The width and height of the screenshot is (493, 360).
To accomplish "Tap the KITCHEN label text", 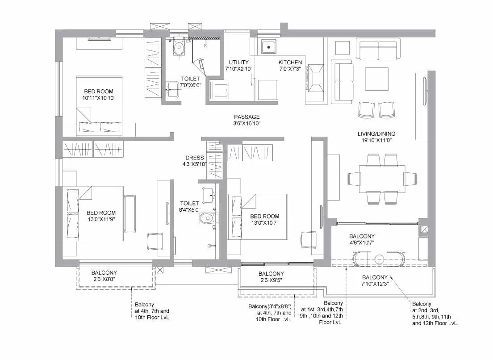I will click(x=290, y=63).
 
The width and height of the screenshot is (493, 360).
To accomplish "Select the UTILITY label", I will click(x=239, y=63).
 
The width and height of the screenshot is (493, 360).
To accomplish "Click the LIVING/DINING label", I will click(x=376, y=134).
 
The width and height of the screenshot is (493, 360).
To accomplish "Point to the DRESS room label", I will click(x=195, y=158).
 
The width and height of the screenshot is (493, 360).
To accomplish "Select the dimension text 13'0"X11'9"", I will click(x=101, y=219).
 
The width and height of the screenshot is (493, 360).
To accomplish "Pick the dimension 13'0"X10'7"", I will click(x=264, y=223).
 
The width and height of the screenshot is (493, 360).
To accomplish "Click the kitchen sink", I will click(x=269, y=46).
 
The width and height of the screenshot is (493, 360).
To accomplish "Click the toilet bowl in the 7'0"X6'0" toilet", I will click(x=179, y=48).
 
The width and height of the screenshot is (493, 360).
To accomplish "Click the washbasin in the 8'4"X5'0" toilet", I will click(x=209, y=195).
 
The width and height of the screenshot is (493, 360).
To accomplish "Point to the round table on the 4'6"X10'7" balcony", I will click(x=380, y=259).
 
